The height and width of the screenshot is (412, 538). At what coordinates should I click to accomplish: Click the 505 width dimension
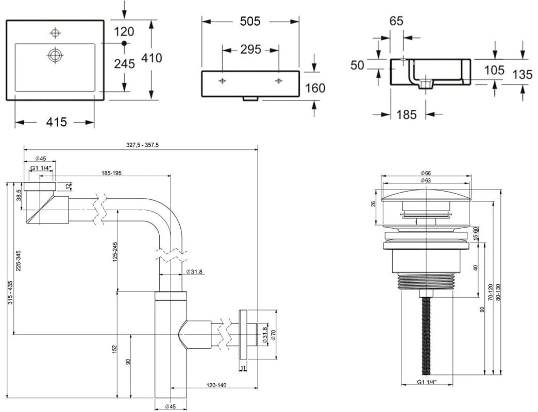click(x=250, y=21)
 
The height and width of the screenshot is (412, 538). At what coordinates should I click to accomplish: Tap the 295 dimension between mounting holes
click(x=250, y=50)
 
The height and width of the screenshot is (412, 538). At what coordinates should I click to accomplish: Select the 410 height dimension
click(x=152, y=58)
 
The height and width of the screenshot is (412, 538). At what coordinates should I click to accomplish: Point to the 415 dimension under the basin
click(x=57, y=122)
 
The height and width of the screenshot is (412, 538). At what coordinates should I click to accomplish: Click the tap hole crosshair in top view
click(x=55, y=33)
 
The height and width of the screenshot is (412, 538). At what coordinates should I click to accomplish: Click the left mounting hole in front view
click(x=223, y=81)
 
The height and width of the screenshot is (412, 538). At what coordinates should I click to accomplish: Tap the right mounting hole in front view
click(x=279, y=81)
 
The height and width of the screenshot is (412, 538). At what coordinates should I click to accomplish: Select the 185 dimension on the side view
click(x=407, y=114)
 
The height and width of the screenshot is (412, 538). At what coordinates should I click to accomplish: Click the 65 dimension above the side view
click(x=396, y=21)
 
